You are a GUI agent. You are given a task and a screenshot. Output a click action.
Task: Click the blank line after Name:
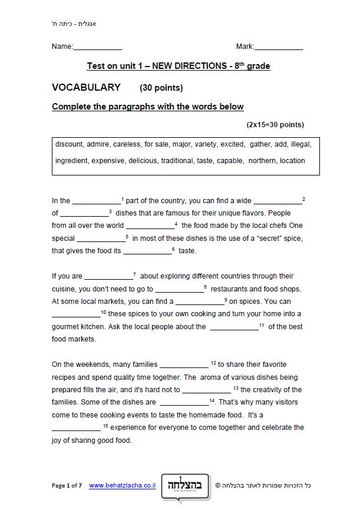tap(97, 47)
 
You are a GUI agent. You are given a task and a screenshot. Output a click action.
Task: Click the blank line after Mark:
tap(279, 47)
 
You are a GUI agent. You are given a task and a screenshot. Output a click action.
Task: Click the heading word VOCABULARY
tap(86, 88)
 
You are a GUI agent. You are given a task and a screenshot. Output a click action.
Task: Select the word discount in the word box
tap(70, 144)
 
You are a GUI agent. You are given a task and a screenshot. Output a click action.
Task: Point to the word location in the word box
tap(292, 160)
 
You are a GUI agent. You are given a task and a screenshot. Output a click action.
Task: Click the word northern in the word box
tap(262, 160)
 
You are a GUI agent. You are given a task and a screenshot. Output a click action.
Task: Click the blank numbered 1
tap(96, 201)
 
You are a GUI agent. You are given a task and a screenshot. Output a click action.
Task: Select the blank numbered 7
tap(108, 277)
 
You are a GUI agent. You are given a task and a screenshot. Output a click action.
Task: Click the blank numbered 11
tap(234, 327)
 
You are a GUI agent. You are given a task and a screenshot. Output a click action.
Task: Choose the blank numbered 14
tap(184, 403)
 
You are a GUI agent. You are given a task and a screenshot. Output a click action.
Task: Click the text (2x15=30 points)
tap(275, 125)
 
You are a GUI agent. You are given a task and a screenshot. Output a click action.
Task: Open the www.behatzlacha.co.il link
tap(122, 486)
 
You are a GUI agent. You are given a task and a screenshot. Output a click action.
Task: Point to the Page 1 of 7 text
tap(68, 486)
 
